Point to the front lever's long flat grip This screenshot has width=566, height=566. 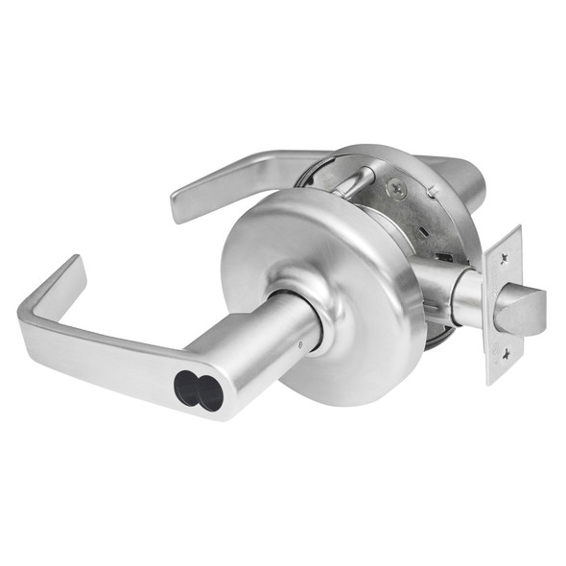pyautogui.click(x=106, y=350)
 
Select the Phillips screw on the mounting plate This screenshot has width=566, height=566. pyautogui.click(x=395, y=190)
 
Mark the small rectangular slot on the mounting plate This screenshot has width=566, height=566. pyautogui.click(x=443, y=257)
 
